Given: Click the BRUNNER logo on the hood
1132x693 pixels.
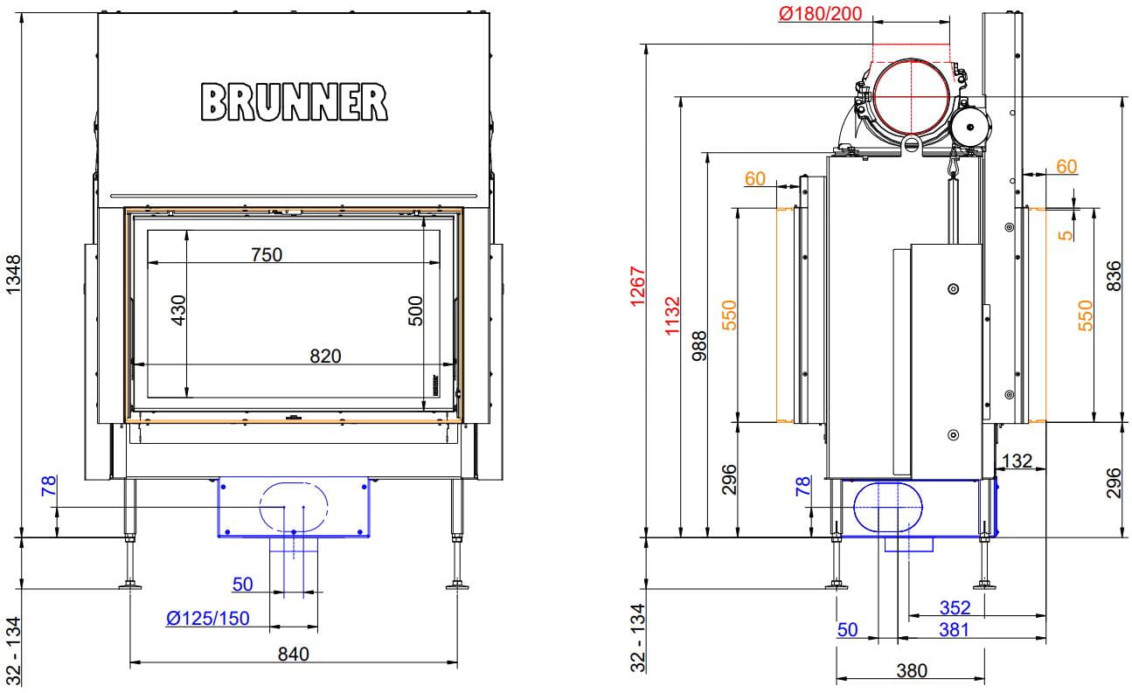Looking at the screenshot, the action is pos(294,102).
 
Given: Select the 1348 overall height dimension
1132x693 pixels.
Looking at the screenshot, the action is pos(13,274).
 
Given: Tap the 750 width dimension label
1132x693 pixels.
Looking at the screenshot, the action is pos(267,254).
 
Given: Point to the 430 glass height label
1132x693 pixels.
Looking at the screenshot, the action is pos(178,310).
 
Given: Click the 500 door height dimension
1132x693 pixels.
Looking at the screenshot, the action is pos(415,311).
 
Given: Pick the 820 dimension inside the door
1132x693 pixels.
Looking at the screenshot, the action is pos(325,357).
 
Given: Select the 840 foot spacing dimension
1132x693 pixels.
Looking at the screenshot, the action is pos(293,654).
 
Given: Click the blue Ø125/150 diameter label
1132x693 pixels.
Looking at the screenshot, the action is pos(208,618).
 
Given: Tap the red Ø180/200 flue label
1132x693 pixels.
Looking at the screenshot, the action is pos(820,14).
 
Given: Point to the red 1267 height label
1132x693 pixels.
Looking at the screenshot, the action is pos(638,287).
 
